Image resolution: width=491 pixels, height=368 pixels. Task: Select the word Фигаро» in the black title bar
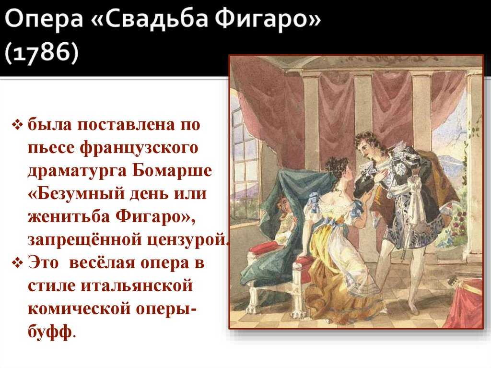click(269, 20)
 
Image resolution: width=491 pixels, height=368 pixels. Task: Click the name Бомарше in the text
click(172, 171)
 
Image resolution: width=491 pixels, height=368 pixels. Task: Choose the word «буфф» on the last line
click(50, 332)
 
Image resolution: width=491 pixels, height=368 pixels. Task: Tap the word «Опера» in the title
click(44, 20)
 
